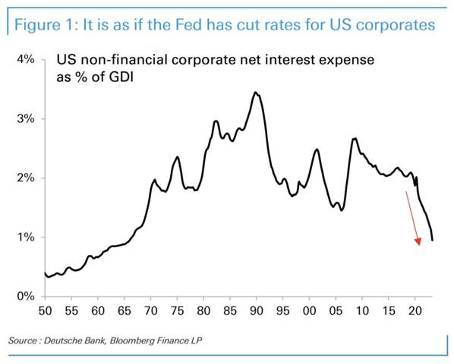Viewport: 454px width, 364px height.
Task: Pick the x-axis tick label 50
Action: click(45, 311)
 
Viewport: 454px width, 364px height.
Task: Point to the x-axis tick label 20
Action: click(415, 311)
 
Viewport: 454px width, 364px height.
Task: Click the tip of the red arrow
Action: click(418, 246)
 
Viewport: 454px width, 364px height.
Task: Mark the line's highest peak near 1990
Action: click(256, 93)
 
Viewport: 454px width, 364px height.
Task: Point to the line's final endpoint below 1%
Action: click(433, 240)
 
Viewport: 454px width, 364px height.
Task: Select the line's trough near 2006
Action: click(342, 210)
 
